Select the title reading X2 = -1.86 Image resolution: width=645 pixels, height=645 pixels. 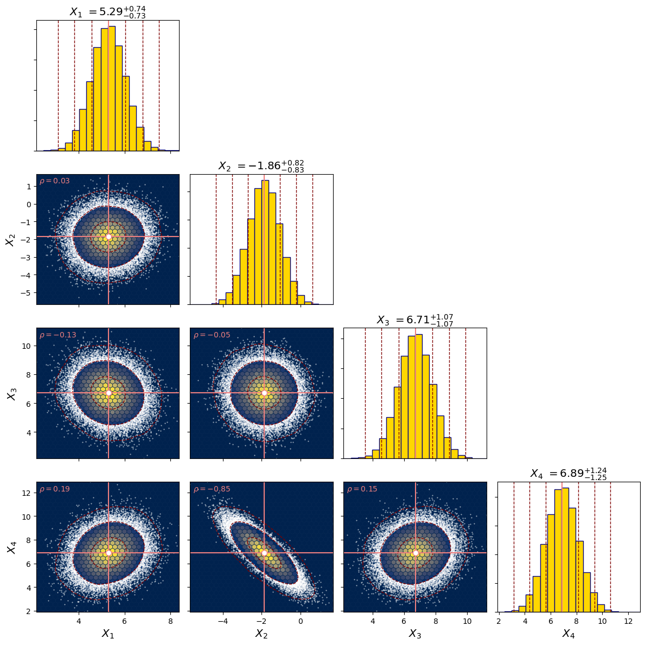tap(261, 166)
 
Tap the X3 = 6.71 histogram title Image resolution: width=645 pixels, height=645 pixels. tap(415, 320)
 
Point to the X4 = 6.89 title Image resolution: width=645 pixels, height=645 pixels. tap(569, 474)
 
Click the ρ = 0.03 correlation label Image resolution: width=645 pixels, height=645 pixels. tap(55, 181)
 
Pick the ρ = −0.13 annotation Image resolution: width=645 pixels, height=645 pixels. tap(58, 335)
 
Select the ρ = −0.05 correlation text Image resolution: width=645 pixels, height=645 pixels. tap(212, 335)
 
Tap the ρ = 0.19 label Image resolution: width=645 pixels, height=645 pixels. tap(55, 489)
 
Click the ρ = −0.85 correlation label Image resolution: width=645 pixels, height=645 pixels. tap(212, 489)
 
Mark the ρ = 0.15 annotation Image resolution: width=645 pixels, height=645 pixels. tap(362, 489)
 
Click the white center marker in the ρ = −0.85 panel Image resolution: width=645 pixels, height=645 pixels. tap(264, 553)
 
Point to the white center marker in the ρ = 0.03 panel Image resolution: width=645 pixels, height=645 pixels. tap(108, 237)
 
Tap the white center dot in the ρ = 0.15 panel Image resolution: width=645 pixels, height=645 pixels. tap(416, 553)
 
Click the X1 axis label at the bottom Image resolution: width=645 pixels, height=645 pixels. tap(108, 634)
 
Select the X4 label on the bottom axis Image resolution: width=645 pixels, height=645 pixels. tap(569, 634)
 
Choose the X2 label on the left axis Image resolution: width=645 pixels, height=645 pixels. tap(10, 239)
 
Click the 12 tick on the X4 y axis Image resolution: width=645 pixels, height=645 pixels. tap(26, 493)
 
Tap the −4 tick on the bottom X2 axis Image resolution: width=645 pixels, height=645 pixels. tap(223, 621)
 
